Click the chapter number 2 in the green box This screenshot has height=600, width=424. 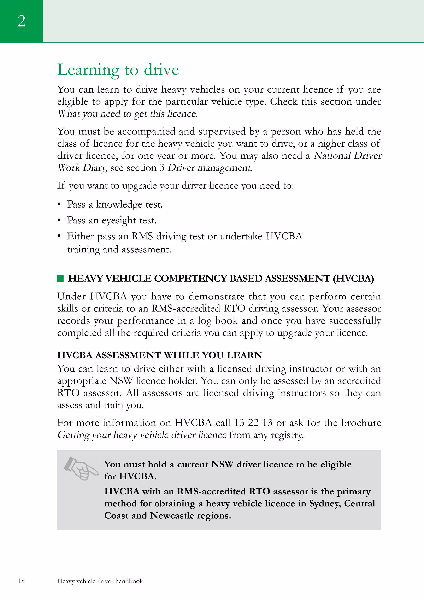[x=21, y=21]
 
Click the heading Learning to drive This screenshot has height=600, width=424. [x=118, y=70]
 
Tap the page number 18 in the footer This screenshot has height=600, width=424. [x=21, y=581]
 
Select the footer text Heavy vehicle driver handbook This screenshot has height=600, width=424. [x=100, y=581]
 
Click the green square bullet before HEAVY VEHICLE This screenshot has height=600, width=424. [x=60, y=279]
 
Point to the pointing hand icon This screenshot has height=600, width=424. [x=81, y=468]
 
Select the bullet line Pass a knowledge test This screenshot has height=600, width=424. [x=115, y=204]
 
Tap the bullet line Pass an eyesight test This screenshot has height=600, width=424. [x=112, y=220]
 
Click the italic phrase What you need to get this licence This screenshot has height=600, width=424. [x=128, y=114]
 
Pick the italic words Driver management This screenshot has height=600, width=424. [x=210, y=168]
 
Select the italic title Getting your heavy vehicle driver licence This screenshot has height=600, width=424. [x=142, y=435]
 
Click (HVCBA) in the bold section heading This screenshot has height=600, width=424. [x=353, y=279]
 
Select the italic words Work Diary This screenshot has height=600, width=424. [x=82, y=168]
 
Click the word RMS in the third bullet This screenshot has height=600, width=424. [x=142, y=236]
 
